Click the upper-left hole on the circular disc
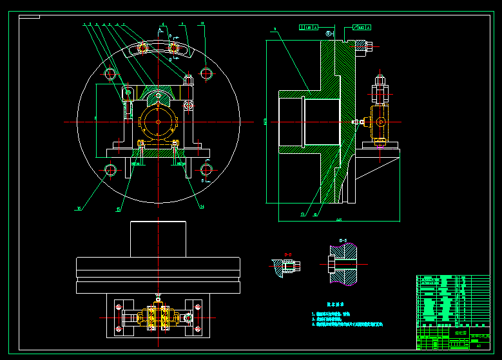click(x=110, y=72)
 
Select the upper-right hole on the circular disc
click(x=206, y=72)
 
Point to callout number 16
click(x=79, y=209)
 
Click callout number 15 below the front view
click(x=119, y=209)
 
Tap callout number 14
click(x=202, y=207)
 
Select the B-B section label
click(x=343, y=241)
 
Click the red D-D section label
click(x=287, y=254)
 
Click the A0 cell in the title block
click(x=478, y=346)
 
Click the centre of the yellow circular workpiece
click(x=158, y=121)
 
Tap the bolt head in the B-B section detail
click(x=330, y=264)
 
